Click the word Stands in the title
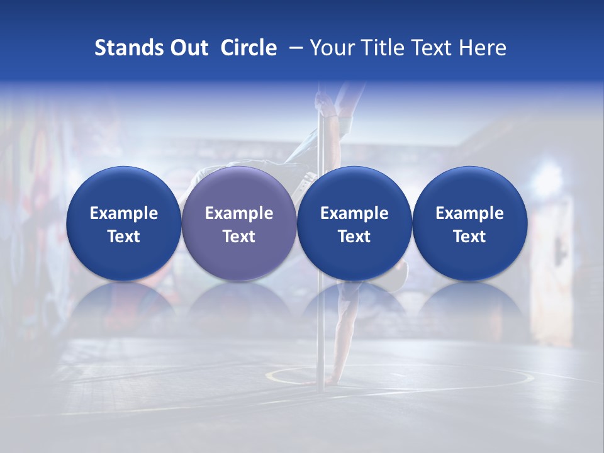(x=129, y=48)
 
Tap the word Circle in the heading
(x=249, y=48)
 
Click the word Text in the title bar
(x=432, y=48)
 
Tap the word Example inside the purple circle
(x=239, y=213)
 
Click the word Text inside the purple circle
(x=239, y=237)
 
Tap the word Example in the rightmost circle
(x=470, y=213)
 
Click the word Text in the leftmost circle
(x=123, y=237)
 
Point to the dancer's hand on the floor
(x=310, y=381)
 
